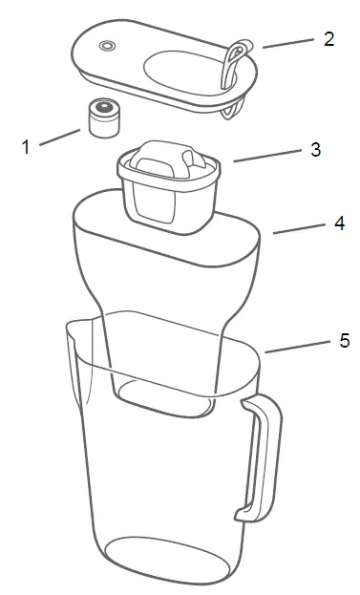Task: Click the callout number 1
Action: [27, 147]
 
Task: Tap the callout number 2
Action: [328, 39]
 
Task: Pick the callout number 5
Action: [345, 341]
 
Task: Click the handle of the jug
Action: [264, 458]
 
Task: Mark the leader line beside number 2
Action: [288, 42]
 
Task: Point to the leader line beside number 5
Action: [297, 345]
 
